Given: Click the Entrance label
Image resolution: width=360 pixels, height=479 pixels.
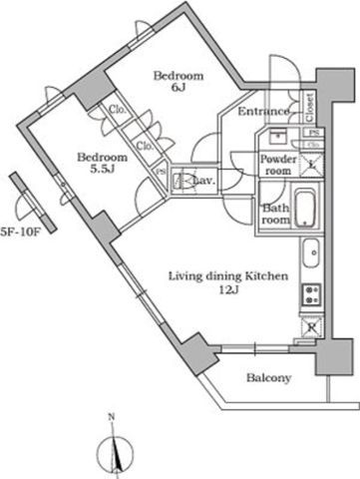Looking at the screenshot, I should click(x=263, y=112).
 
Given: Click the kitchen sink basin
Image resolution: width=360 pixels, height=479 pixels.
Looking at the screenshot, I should click(x=310, y=254).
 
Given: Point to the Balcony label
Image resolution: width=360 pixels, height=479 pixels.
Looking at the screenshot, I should click(x=269, y=378).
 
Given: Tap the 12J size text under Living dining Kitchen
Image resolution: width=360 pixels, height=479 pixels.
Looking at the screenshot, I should click(x=228, y=290).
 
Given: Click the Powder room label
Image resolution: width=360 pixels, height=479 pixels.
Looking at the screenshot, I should click(x=276, y=165).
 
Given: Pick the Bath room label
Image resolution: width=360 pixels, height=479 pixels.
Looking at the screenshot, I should click(x=275, y=215).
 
